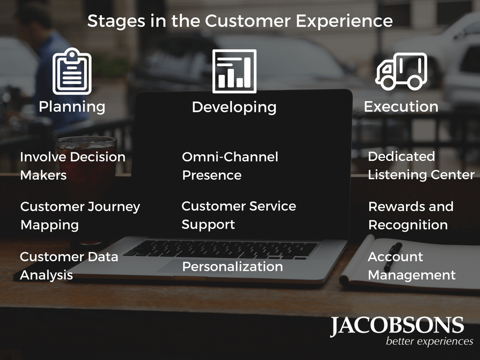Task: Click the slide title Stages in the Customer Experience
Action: tap(240, 21)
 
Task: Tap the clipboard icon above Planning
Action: tap(72, 71)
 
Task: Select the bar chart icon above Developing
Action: tap(234, 71)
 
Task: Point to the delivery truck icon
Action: tap(401, 71)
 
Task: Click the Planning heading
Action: tap(72, 107)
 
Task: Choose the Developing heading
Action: tap(234, 108)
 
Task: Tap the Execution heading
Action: tap(401, 107)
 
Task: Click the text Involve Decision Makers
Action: tap(73, 166)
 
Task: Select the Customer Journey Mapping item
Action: tap(80, 216)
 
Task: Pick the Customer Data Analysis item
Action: tap(69, 266)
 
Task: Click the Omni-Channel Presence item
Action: tap(230, 166)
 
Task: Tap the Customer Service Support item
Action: tap(239, 216)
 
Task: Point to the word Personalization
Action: tap(232, 267)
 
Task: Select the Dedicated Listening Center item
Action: tap(421, 165)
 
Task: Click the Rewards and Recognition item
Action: tap(411, 216)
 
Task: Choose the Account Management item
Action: tap(412, 266)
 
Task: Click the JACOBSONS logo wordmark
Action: tap(397, 326)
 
